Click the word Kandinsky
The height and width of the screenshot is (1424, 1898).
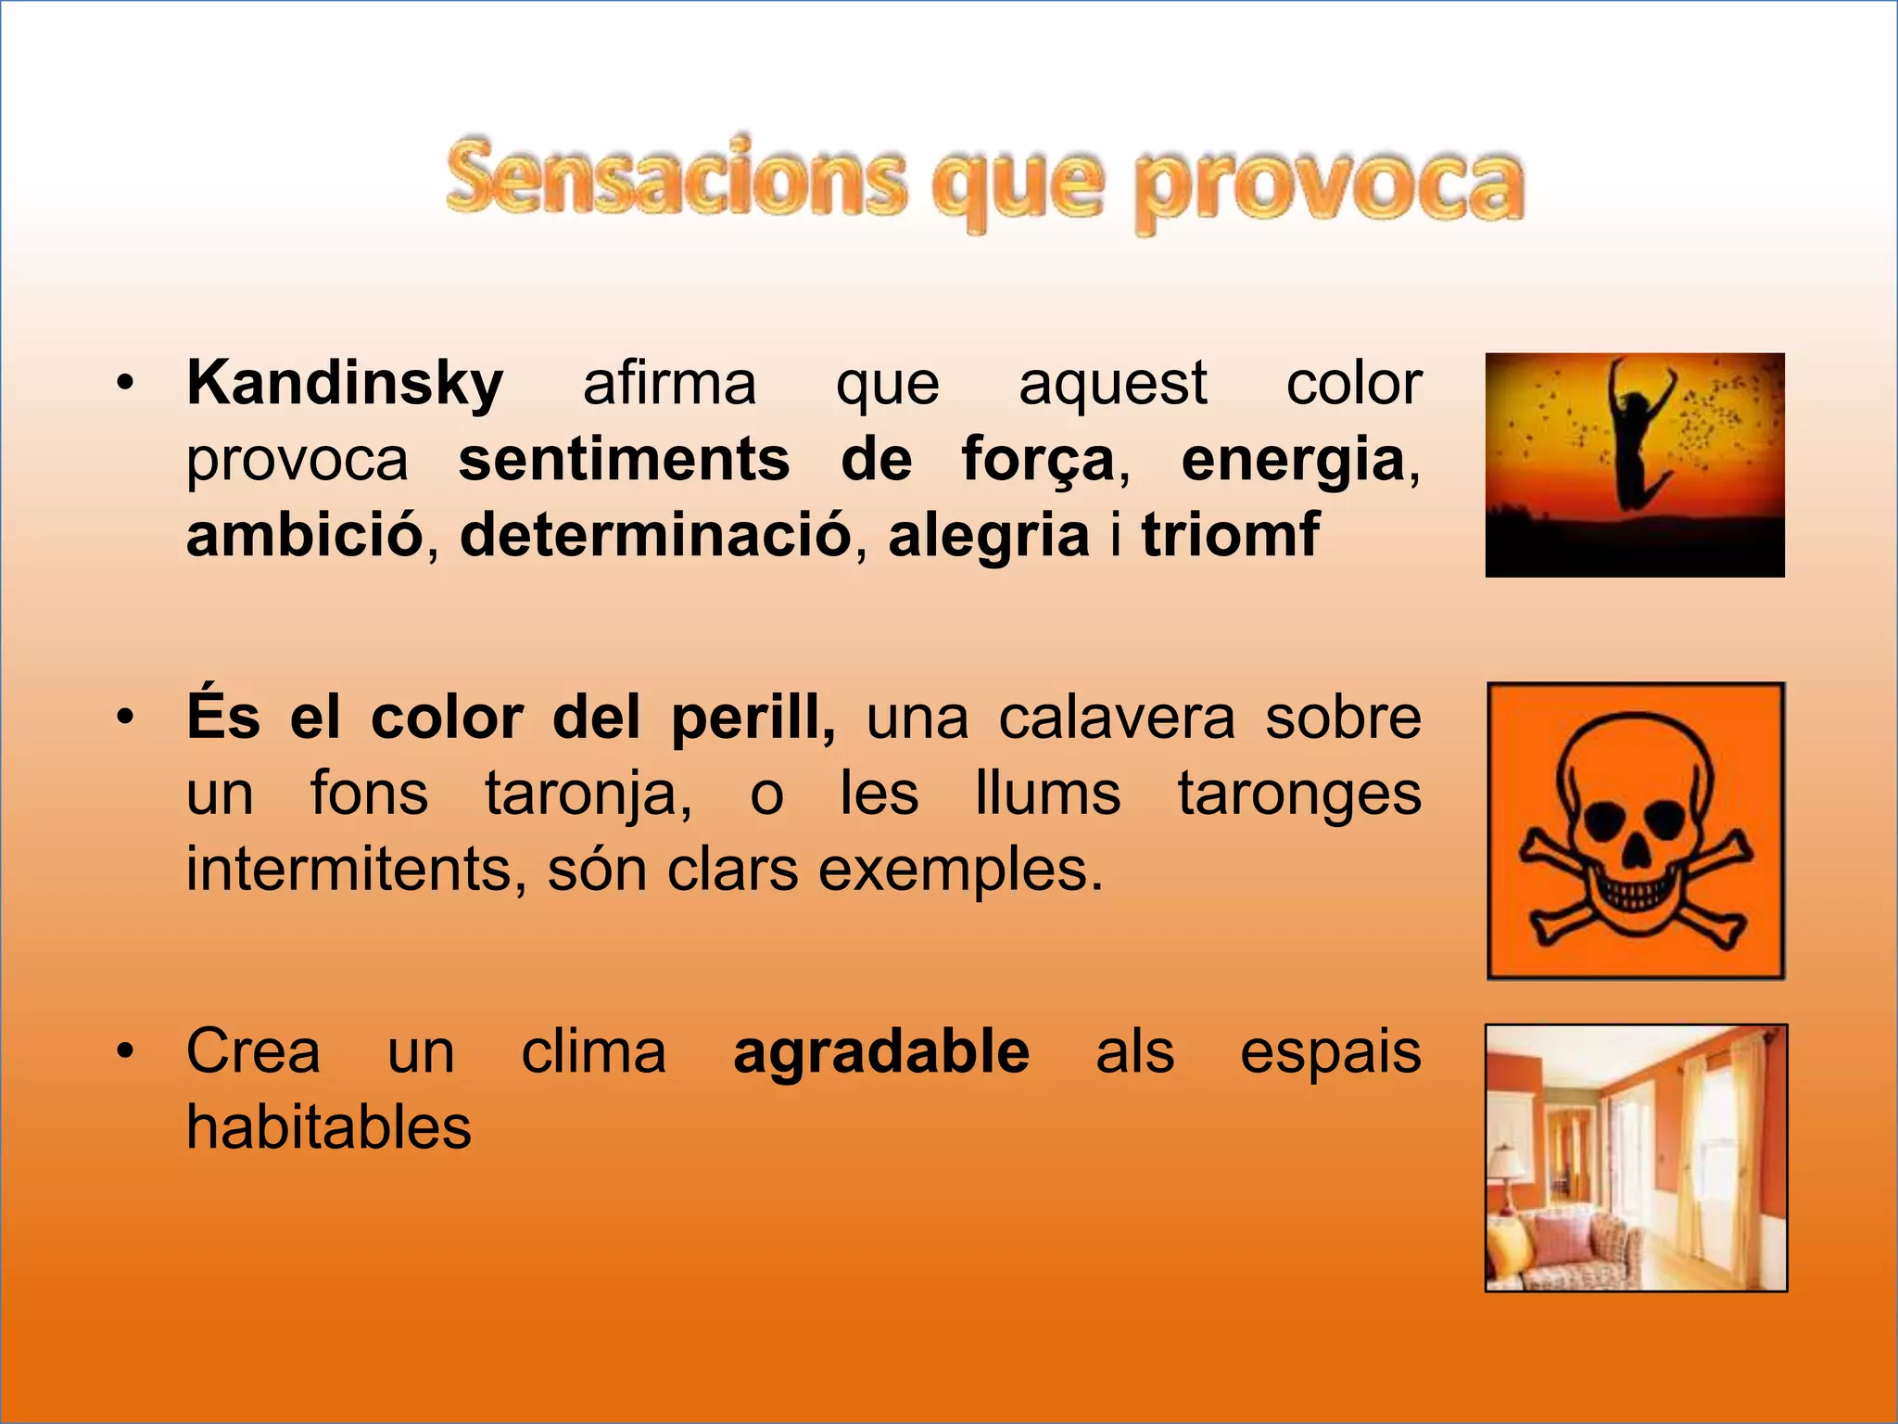coord(345,384)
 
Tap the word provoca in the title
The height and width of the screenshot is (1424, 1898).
coord(1330,185)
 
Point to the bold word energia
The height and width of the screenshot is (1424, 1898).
coord(1293,460)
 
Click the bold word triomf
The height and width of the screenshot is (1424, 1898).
coord(1230,535)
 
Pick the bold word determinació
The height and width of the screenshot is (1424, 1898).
coord(655,535)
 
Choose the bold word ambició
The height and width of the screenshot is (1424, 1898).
coord(305,535)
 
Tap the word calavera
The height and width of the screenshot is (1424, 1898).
coord(1117,718)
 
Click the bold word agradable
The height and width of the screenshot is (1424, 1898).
coord(881,1052)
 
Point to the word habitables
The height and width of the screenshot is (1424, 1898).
coord(329,1128)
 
